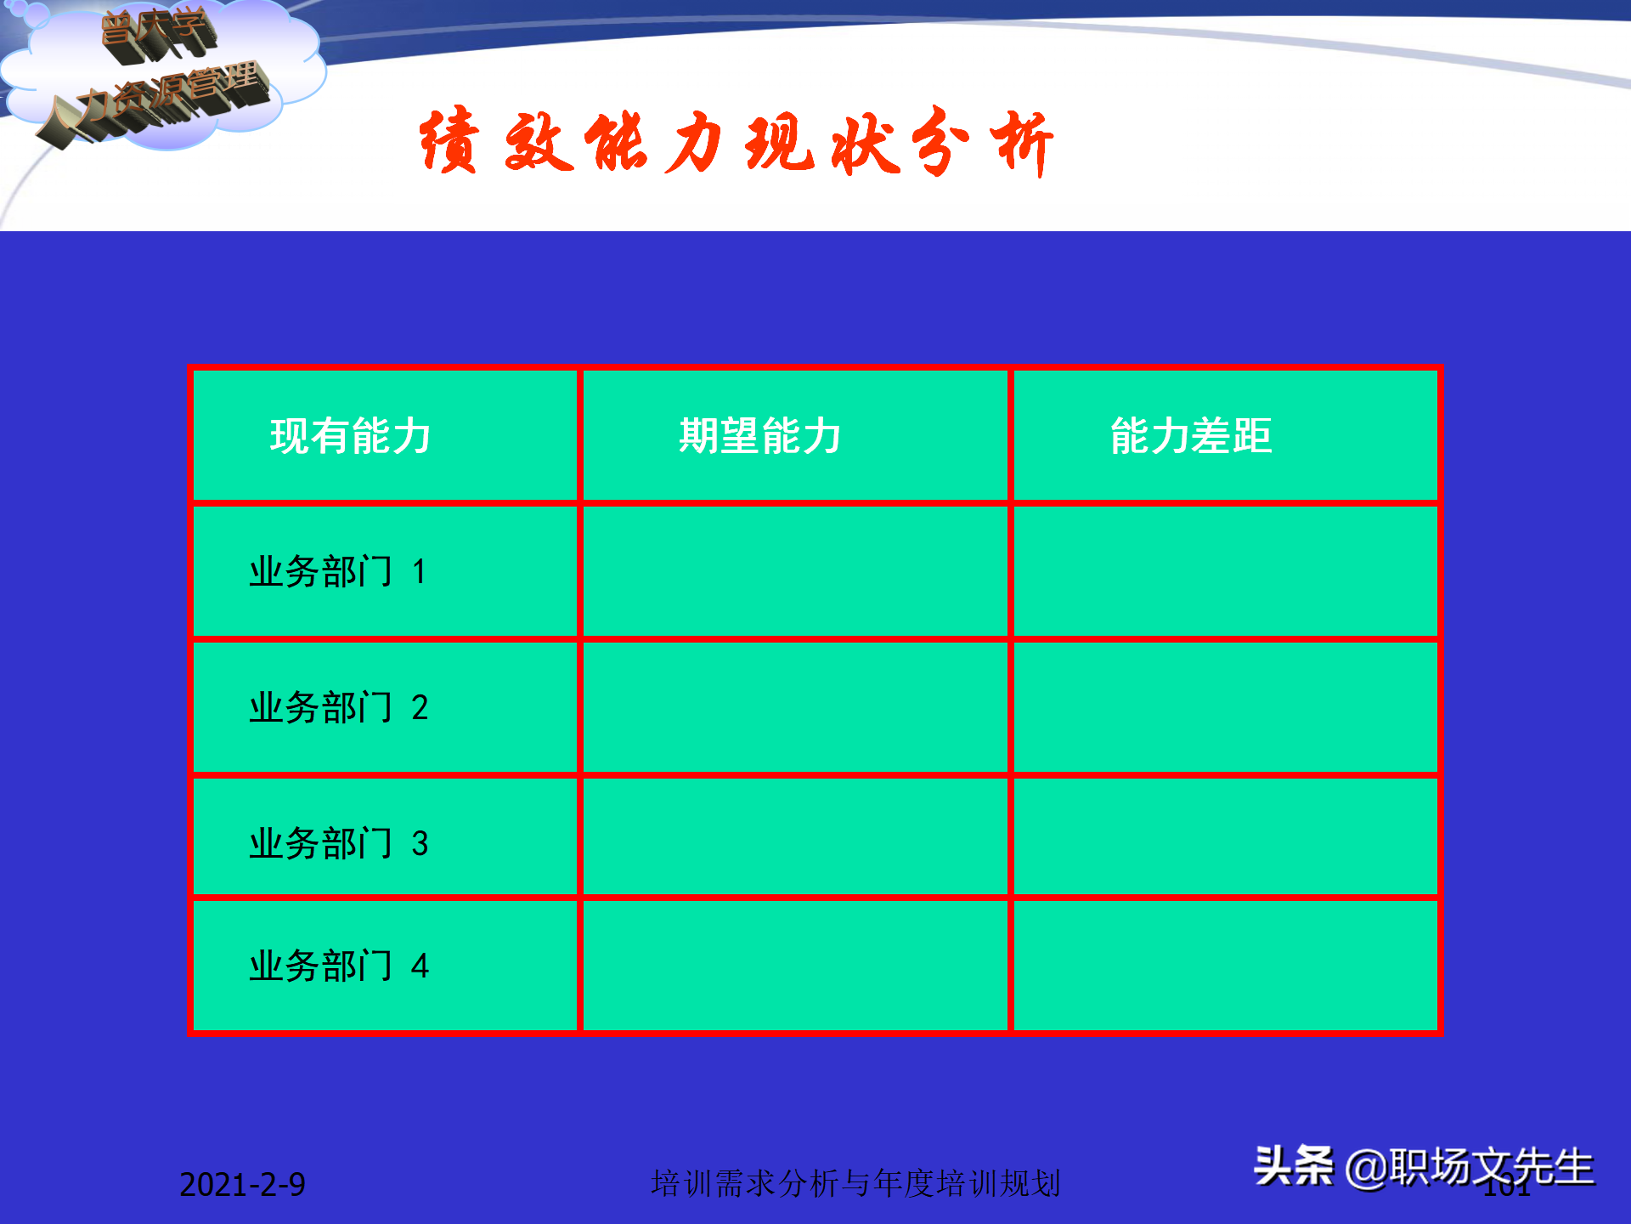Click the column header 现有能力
[350, 436]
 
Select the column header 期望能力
[759, 436]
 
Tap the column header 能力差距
[1191, 436]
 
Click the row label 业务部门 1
[337, 571]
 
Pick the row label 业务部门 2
[337, 707]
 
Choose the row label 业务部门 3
[337, 843]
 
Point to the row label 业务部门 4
[337, 966]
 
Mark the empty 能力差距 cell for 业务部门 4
[1225, 966]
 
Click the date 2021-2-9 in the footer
[242, 1185]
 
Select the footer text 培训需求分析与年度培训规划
[855, 1183]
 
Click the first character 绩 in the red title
[449, 142]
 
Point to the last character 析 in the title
[1024, 142]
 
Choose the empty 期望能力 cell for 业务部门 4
[795, 966]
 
